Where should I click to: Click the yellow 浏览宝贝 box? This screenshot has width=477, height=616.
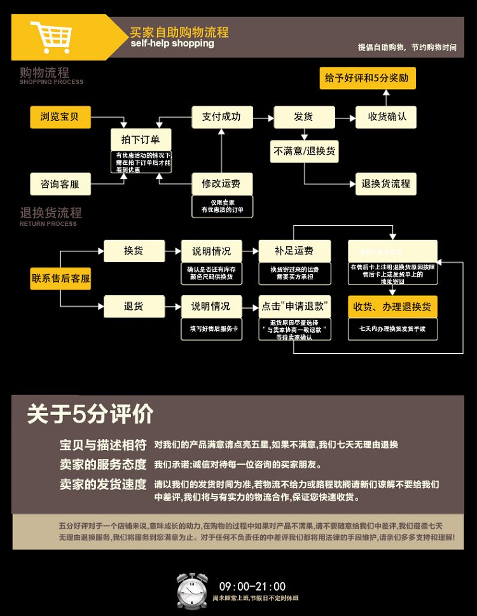60,117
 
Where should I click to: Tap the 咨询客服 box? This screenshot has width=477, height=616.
60,184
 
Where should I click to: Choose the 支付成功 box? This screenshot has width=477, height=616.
221,117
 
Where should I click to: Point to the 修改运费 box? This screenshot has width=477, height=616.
221,184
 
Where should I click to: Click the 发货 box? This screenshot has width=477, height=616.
303,117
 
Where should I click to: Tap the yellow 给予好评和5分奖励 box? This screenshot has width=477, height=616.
366,79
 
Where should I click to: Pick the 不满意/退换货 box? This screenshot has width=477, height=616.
305,151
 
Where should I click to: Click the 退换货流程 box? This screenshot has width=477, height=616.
385,184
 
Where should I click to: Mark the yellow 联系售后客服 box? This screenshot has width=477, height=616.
60,279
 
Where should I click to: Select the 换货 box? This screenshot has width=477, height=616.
134,251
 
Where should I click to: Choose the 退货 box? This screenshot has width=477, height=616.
134,306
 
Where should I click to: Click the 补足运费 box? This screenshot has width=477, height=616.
294,251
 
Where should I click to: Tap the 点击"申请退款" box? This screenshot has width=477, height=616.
294,306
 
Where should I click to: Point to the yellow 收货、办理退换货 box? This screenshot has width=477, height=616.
392,307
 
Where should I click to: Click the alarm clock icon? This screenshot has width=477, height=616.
192,590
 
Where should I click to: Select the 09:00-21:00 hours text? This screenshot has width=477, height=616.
252,587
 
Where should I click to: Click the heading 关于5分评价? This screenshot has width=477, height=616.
90,415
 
